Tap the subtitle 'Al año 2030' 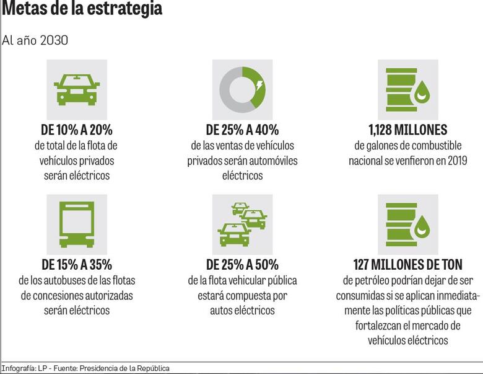35,40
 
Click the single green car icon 77,89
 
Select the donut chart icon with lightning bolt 242,89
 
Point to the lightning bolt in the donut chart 259,84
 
